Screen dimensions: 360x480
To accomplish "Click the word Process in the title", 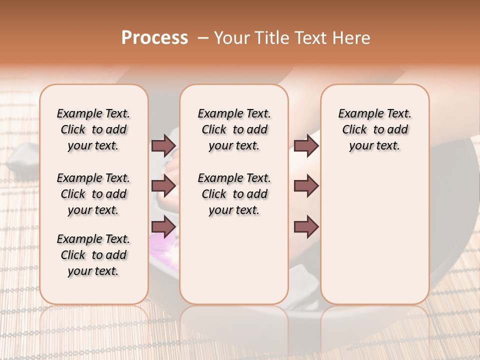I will point(154,38).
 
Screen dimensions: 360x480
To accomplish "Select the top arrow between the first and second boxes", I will point(163,145).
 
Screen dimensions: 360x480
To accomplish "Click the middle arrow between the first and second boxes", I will point(163,186).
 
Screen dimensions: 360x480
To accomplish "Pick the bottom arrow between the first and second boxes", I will point(163,226).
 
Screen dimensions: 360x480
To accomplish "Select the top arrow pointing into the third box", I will point(306,145).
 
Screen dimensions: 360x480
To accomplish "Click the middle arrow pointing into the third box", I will point(306,186).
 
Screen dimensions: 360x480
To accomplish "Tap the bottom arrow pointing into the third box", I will point(306,226).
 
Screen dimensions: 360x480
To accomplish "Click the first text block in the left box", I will point(93,129).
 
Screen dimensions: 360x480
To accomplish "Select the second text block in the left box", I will point(93,194).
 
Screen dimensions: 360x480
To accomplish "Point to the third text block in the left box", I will point(93,255).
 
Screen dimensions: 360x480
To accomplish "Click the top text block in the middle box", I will point(234,129).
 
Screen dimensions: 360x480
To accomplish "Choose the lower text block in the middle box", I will point(234,194).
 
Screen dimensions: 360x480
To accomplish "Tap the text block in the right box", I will point(374,129).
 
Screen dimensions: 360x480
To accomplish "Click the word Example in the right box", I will point(357,114).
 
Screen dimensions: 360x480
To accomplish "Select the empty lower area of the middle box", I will point(234,260).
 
